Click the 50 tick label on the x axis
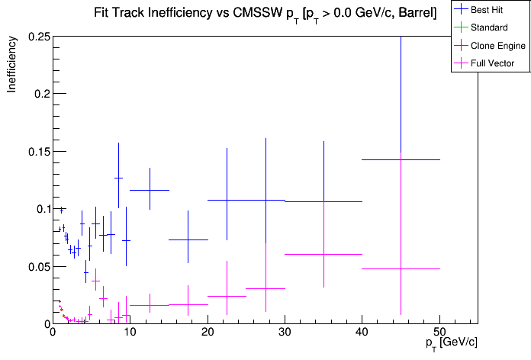439,333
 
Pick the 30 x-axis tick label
285,333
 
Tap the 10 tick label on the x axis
130,333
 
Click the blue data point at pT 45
401,159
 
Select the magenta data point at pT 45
401,268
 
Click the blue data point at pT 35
323,201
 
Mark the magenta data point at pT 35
323,254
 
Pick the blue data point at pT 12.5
150,190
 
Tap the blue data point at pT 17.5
188,239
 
